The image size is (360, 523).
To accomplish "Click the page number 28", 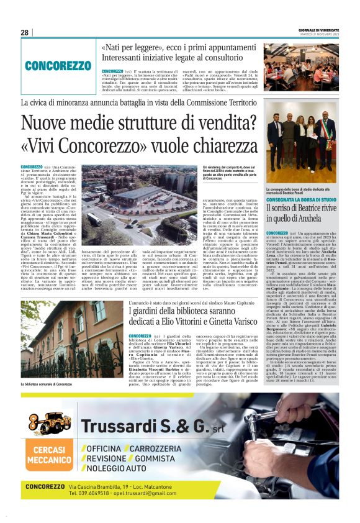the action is click(24, 32).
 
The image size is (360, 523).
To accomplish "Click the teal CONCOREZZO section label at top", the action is click(58, 65).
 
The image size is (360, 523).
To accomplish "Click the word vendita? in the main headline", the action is click(210, 123).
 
